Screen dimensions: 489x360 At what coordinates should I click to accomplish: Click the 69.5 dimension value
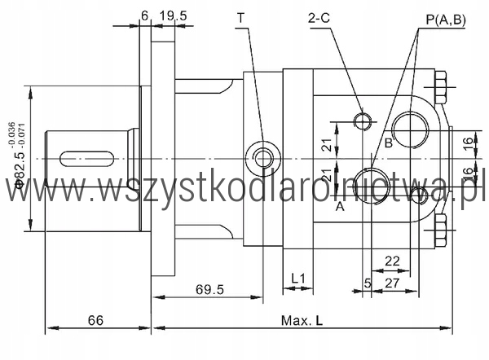click(x=209, y=289)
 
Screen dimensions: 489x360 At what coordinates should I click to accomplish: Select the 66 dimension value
click(x=95, y=320)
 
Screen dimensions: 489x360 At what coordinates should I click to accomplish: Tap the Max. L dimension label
click(x=302, y=320)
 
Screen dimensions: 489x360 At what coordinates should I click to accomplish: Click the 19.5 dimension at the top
click(x=173, y=15)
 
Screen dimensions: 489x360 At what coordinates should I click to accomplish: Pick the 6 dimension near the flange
click(x=144, y=15)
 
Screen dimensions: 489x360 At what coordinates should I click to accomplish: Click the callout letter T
click(x=240, y=18)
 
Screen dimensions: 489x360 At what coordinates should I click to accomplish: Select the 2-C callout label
click(x=319, y=18)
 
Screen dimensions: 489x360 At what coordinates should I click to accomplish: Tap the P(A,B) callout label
click(x=446, y=20)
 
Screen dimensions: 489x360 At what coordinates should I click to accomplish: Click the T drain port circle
click(x=263, y=158)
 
